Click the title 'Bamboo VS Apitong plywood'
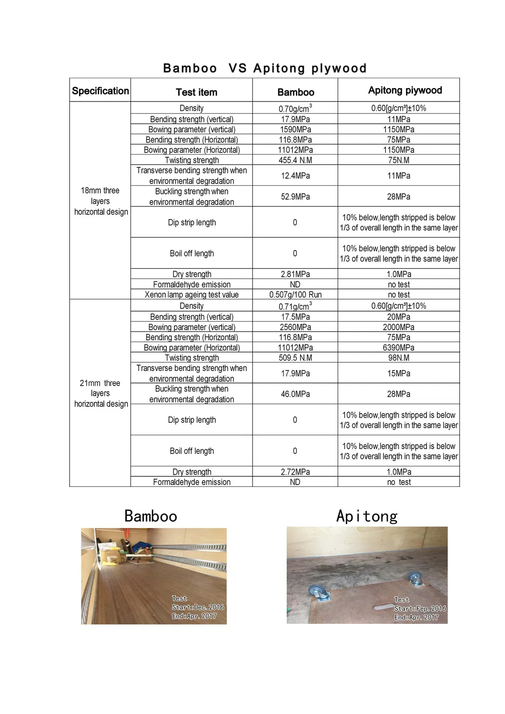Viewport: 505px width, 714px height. pos(264,68)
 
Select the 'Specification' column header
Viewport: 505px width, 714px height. pos(100,91)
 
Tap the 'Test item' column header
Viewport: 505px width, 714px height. pos(196,92)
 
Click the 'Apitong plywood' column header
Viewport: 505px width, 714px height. pos(405,91)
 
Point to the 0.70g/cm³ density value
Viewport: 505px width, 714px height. pos(295,109)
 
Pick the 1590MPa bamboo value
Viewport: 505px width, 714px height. pos(295,130)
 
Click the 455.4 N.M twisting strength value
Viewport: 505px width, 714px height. pos(295,161)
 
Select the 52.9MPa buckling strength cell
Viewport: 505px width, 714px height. pos(295,197)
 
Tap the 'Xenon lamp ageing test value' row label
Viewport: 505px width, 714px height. pos(192,295)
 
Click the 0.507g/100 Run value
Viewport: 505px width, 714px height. pos(295,295)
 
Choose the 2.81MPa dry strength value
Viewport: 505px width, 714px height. pos(295,274)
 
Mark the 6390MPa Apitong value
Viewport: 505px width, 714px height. pos(399,348)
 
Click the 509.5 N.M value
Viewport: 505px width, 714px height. pos(295,358)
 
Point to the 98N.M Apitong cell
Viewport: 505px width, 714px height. pos(399,358)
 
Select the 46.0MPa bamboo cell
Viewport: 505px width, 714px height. pos(295,394)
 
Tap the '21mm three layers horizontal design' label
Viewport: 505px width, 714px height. pos(101,393)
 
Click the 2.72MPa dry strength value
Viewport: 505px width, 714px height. pos(295,472)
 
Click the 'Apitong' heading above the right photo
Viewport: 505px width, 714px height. pos(367,516)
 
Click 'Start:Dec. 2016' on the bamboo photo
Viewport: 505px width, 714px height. pos(198,607)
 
